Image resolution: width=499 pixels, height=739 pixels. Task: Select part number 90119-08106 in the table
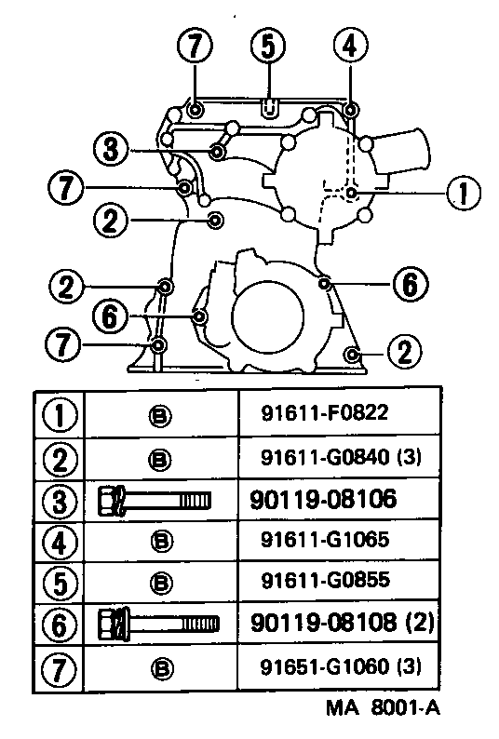pyautogui.click(x=323, y=500)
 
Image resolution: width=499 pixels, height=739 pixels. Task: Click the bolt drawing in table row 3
pyautogui.click(x=153, y=501)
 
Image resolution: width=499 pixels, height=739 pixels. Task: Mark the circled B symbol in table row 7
pyautogui.click(x=157, y=667)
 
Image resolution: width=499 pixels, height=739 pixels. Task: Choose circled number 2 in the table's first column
pyautogui.click(x=60, y=458)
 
